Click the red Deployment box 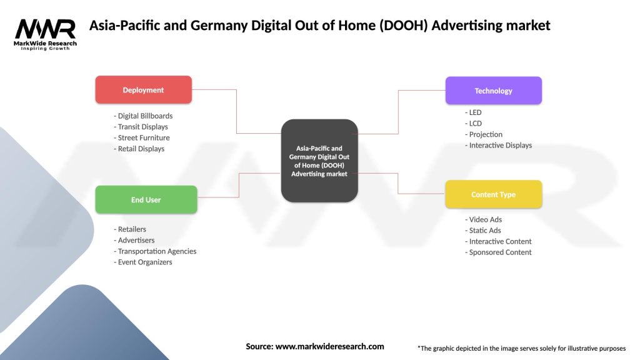pyautogui.click(x=143, y=90)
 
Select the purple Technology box pyautogui.click(x=493, y=91)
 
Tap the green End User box pyautogui.click(x=146, y=200)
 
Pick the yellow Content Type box pyautogui.click(x=493, y=194)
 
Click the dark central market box pyautogui.click(x=319, y=161)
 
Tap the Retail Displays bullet pyautogui.click(x=141, y=149)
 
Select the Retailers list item pyautogui.click(x=131, y=229)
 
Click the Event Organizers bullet pyautogui.click(x=144, y=262)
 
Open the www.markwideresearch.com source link pyautogui.click(x=329, y=346)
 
